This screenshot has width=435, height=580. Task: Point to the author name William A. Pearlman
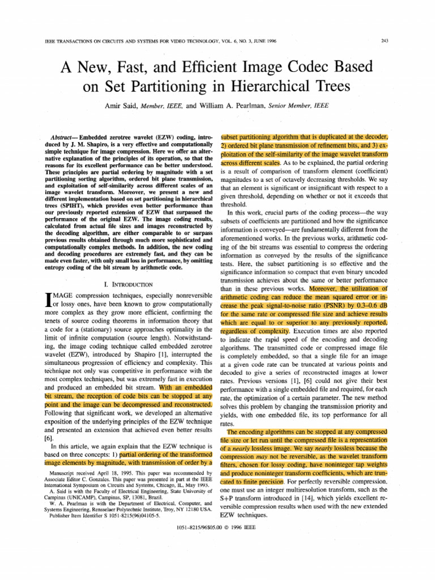[227, 106]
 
